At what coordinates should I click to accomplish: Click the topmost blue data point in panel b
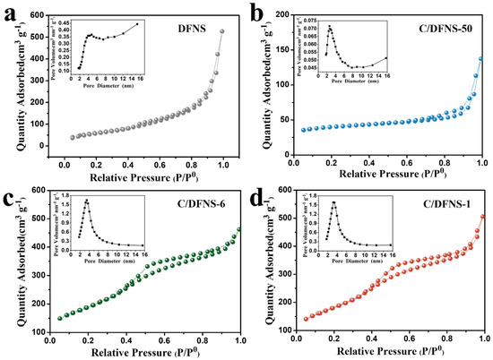point(482,59)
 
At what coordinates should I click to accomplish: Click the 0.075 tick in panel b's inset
point(309,19)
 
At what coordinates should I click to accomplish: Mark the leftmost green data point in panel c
point(60,318)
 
